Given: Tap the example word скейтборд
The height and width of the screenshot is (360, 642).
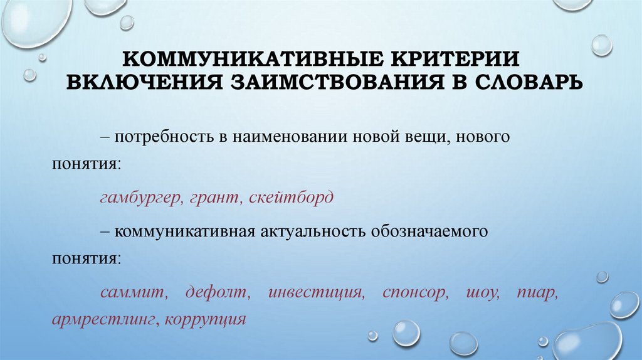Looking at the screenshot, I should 291,198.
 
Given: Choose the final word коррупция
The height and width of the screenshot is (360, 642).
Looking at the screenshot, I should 204,317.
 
